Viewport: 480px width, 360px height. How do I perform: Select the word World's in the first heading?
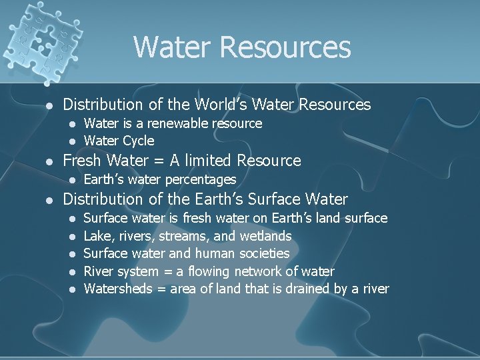click(x=221, y=105)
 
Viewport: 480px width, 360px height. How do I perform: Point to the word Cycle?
click(x=138, y=141)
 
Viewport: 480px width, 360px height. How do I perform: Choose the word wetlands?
click(x=265, y=236)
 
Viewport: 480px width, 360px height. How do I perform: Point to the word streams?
click(x=188, y=236)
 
